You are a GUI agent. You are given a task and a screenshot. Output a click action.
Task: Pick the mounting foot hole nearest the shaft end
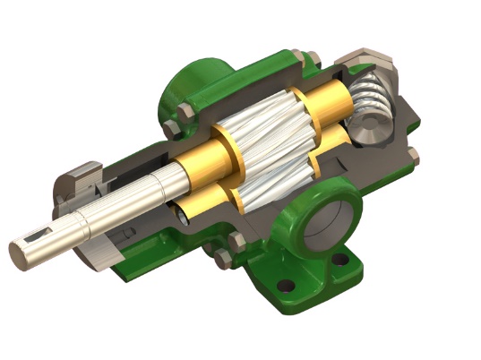click(285, 286)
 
